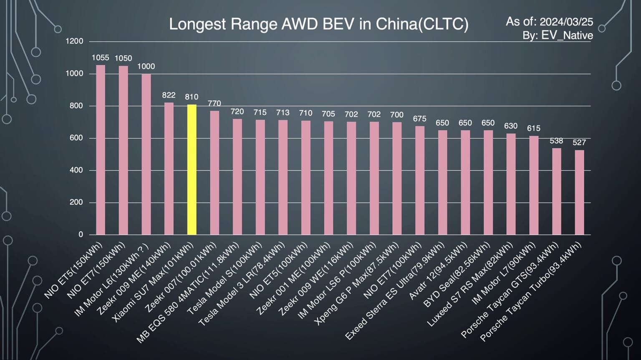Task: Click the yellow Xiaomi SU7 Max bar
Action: tap(192, 170)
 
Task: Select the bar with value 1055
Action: tap(101, 150)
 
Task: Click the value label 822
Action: tap(169, 95)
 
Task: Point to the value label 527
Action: tap(579, 142)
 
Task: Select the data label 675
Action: tap(419, 119)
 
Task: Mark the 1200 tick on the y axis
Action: tap(74, 41)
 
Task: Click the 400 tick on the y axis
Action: tap(74, 170)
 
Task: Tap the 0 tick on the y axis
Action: tap(81, 234)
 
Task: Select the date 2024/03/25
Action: tap(566, 22)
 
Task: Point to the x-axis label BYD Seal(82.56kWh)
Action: tap(457, 276)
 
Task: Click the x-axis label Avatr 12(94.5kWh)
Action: tap(438, 271)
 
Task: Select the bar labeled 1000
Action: tap(146, 155)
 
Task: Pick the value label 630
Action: tap(511, 126)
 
